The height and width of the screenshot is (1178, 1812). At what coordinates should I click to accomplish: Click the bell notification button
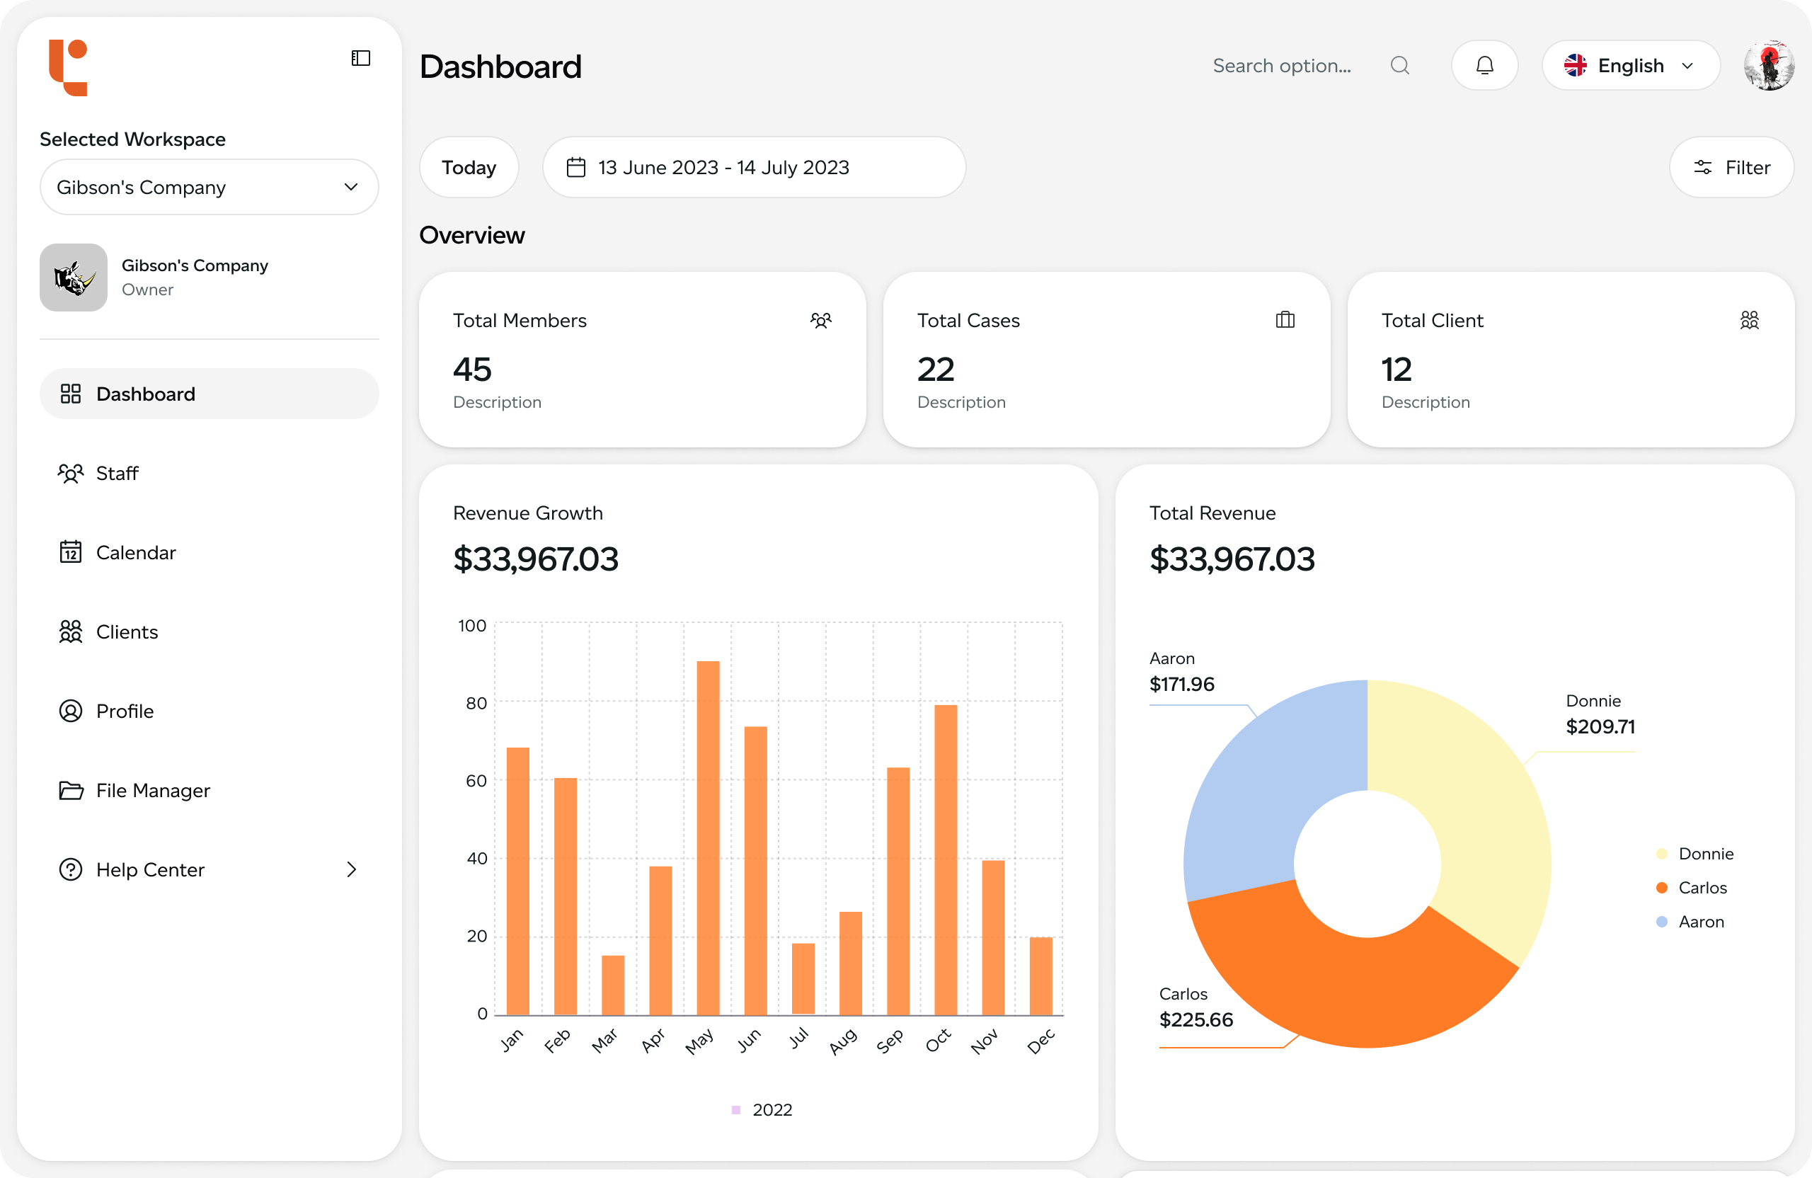1484,66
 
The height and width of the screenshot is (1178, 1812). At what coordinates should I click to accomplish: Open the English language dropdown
1630,66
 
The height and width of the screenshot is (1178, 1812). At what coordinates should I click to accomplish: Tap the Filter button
1731,168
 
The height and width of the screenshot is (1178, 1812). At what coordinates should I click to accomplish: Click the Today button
469,168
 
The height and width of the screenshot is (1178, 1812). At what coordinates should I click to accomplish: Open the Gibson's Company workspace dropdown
209,188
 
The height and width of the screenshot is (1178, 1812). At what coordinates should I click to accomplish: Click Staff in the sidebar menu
117,474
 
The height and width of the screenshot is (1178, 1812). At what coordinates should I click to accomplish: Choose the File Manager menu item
152,791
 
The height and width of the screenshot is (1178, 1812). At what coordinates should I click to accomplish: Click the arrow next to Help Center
351,869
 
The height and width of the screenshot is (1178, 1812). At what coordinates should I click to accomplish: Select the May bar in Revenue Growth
708,837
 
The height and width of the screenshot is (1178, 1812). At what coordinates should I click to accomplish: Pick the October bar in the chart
946,860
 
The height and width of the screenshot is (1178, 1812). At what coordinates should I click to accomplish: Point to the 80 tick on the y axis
476,704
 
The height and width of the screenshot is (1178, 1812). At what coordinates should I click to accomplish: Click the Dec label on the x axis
1040,1041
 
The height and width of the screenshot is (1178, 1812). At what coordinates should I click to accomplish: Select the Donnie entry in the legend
1704,854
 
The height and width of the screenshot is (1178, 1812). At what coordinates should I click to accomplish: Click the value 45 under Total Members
473,370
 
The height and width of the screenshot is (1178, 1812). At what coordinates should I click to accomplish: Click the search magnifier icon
1399,66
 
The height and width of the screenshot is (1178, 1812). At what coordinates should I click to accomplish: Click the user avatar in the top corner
1769,66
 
